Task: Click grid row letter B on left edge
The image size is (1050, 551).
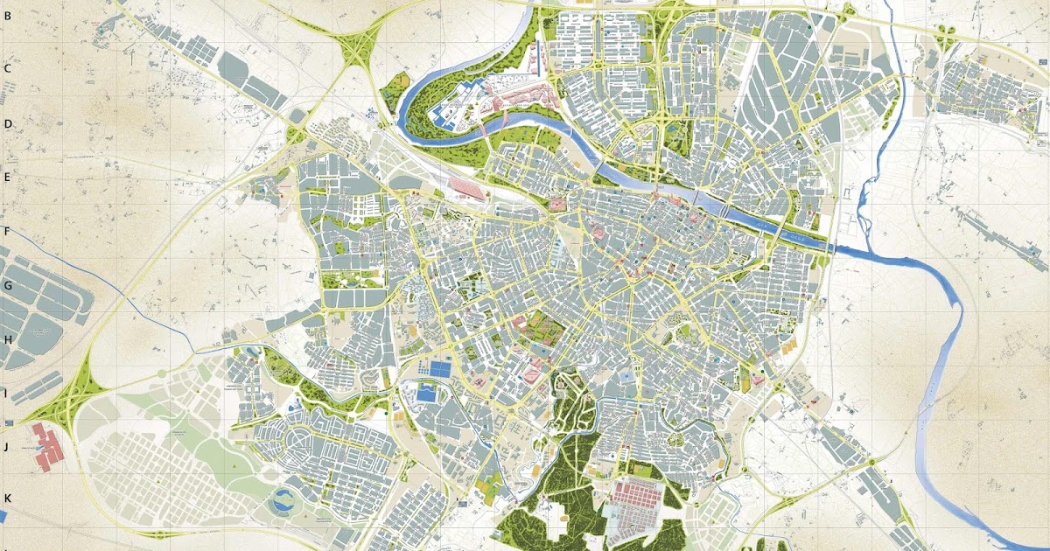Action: tap(6, 14)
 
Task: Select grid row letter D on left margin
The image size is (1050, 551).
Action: tap(7, 123)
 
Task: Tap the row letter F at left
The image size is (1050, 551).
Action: tap(6, 232)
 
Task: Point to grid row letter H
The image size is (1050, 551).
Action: tap(6, 339)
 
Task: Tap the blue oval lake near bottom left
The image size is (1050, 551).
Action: tap(284, 501)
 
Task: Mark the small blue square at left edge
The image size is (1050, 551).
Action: tap(3, 516)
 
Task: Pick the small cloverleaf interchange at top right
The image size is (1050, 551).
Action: tap(945, 36)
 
